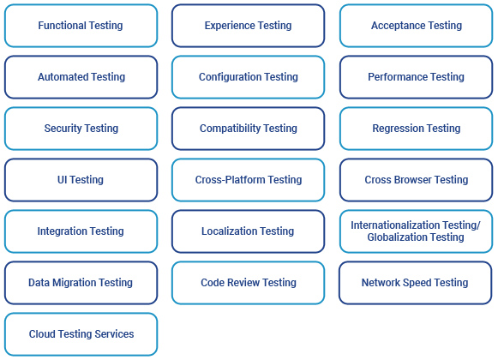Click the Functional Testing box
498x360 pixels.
[81, 26]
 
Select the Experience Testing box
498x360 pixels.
[248, 26]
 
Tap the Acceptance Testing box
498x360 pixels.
[416, 26]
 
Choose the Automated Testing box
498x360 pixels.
[81, 77]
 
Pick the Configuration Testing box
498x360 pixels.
[248, 77]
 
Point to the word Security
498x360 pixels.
[63, 129]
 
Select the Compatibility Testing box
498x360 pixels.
[248, 129]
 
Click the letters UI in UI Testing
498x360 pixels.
[63, 180]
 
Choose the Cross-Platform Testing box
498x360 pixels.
[248, 180]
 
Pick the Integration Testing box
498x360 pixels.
[81, 231]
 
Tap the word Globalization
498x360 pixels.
[393, 237]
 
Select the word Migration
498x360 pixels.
[74, 283]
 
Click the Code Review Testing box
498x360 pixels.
[248, 283]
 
